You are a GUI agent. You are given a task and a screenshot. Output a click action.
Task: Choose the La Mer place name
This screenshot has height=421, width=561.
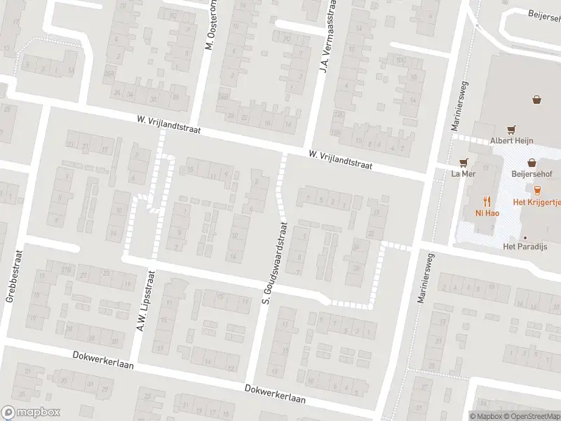click(x=464, y=173)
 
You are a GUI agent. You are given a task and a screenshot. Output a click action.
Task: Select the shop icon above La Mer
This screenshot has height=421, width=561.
click(x=464, y=161)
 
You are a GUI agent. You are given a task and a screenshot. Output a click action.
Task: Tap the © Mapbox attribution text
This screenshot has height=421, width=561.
click(x=487, y=416)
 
